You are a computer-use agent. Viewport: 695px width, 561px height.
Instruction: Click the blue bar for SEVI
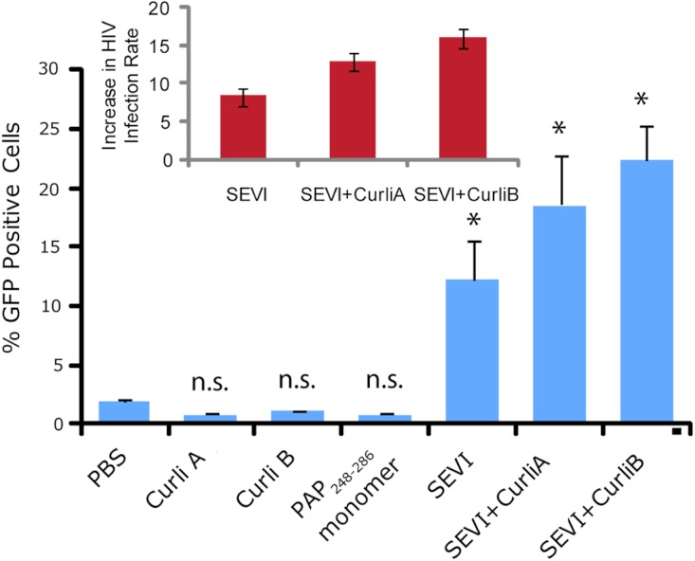point(471,351)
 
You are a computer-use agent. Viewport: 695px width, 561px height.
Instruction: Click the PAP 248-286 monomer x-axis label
point(365,488)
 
